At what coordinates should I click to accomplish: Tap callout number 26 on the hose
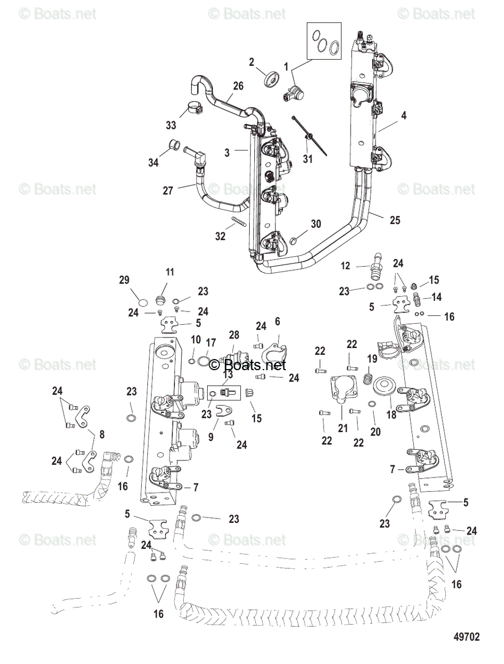(x=238, y=86)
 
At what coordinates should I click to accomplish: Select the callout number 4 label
(x=404, y=116)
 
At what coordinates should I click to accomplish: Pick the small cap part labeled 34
(x=174, y=146)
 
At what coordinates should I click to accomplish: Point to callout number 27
(x=167, y=191)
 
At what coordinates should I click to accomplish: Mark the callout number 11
(x=169, y=272)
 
